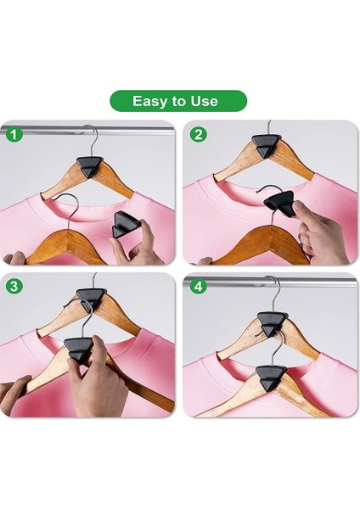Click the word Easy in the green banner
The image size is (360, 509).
click(x=149, y=101)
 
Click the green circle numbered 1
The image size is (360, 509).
click(x=14, y=134)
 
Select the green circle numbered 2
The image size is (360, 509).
click(x=198, y=134)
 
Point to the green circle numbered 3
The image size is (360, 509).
click(x=14, y=286)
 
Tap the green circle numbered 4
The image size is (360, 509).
click(x=198, y=286)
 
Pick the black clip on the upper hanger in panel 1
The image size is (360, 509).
click(x=90, y=166)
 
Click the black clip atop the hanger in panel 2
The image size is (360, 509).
click(x=267, y=145)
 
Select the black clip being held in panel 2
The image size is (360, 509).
click(x=279, y=204)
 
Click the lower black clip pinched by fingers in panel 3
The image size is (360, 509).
click(x=79, y=350)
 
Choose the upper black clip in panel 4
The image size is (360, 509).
click(x=273, y=324)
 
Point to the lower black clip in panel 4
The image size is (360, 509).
click(x=271, y=377)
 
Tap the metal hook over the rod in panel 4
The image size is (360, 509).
click(x=275, y=290)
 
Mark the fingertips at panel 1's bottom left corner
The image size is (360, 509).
click(x=14, y=258)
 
